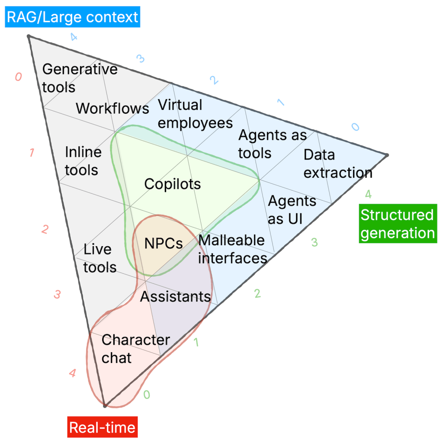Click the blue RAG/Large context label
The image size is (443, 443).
click(x=72, y=17)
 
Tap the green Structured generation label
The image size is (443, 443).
click(x=397, y=224)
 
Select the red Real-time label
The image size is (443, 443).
click(x=102, y=427)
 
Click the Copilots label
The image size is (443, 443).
click(x=173, y=184)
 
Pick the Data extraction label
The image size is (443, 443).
click(x=337, y=164)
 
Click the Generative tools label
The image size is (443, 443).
click(x=80, y=78)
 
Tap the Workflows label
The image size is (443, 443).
click(x=112, y=108)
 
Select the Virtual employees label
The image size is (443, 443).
click(x=195, y=114)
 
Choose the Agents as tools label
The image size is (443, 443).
click(x=273, y=144)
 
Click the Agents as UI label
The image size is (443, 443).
click(x=292, y=210)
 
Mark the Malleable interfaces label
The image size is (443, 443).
click(x=232, y=249)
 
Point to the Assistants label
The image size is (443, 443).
click(x=175, y=297)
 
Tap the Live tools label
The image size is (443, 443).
click(x=100, y=258)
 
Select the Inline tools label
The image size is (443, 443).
click(x=83, y=161)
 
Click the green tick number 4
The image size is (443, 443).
click(x=368, y=194)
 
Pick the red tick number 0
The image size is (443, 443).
click(x=18, y=77)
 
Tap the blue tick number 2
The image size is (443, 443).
click(x=213, y=80)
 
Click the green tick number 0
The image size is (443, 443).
click(x=147, y=395)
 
